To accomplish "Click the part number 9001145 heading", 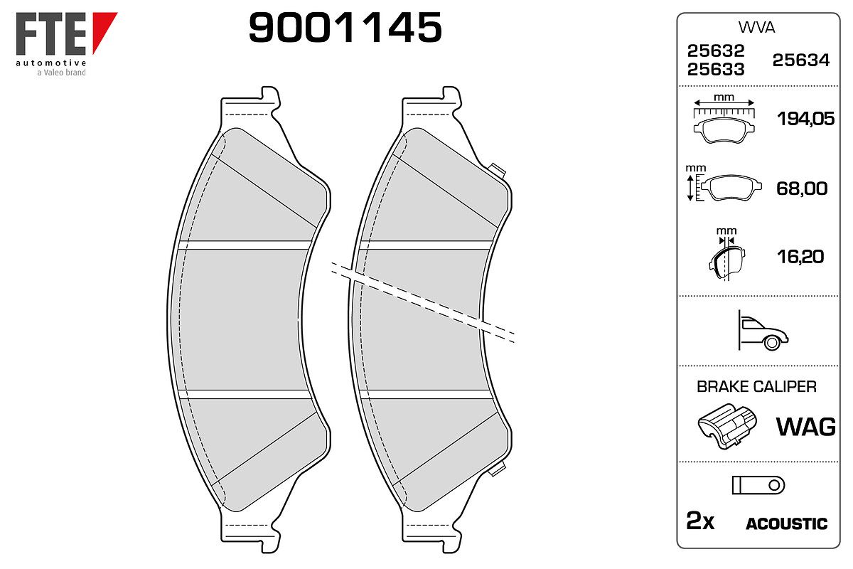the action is point(345,27).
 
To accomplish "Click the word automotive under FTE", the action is point(51,63).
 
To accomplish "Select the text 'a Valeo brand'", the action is point(61,73).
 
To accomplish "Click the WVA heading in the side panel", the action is point(756,28).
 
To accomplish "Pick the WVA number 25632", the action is point(716,50).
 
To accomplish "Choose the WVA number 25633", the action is point(716,70).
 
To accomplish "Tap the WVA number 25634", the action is point(801,60).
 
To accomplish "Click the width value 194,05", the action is point(805,119).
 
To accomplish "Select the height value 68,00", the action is point(802,188).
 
